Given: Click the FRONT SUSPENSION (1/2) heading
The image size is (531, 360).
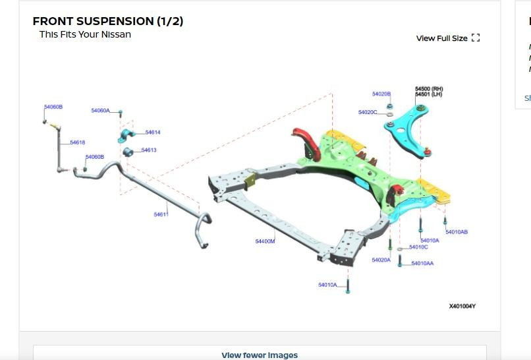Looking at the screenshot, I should [108, 21].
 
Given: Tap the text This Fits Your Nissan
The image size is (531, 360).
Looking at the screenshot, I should [85, 34].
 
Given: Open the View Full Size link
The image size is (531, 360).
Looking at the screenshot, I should [447, 38].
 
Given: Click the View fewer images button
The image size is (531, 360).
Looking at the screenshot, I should [260, 355].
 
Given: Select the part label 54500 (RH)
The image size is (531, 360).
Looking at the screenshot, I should [429, 88].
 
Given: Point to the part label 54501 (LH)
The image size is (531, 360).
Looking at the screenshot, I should [429, 94].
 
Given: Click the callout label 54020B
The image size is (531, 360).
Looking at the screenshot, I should [381, 94].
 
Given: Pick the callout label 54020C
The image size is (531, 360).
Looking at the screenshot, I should [368, 112].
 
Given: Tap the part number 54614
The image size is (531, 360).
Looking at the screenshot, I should [152, 133].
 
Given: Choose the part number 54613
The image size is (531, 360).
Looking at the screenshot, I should [148, 150].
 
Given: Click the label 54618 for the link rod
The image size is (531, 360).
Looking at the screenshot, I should [77, 142].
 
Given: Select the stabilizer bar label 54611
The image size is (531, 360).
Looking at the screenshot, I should [161, 214].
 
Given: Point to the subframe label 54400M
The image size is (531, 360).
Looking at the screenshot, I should [265, 241].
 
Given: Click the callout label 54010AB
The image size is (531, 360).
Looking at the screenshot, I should [457, 232].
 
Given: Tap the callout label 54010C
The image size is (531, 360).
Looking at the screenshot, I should [418, 247].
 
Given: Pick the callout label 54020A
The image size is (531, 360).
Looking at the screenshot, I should [381, 260].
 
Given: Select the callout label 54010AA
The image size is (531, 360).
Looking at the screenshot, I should [422, 264].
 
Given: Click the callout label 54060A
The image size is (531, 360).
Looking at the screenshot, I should [100, 111].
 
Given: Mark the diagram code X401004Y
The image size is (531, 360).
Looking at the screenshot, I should [462, 306].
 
